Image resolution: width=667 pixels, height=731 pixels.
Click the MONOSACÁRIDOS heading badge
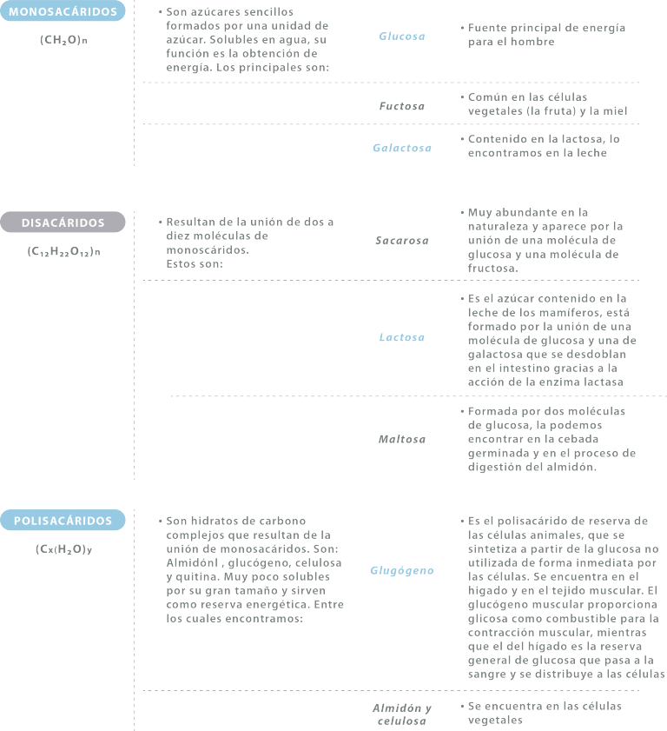63,11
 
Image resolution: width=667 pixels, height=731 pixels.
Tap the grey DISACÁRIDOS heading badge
63,223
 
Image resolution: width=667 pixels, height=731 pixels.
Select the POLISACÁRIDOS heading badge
63,521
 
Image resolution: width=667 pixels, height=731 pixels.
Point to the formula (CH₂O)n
63,40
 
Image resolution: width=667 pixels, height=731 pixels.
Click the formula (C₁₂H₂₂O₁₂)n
63,252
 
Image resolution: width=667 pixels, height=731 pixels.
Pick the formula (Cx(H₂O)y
63,549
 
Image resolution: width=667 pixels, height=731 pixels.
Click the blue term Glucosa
402,37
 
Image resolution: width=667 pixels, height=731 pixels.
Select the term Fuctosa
402,106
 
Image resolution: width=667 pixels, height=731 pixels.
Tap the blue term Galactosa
402,148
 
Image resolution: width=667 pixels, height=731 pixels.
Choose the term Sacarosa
402,241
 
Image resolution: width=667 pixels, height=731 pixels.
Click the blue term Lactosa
402,337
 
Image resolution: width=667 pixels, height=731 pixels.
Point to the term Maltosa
402,439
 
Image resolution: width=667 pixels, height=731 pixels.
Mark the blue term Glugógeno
402,570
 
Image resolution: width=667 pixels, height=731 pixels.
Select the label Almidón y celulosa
402,714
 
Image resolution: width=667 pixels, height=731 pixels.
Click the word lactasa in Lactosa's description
604,382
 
